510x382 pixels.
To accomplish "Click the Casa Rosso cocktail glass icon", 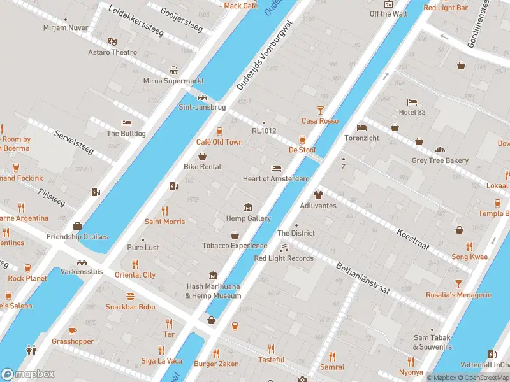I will [x=320, y=110].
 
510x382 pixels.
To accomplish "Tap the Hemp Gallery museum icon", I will [x=248, y=208].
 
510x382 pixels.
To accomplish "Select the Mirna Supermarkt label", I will [x=173, y=81].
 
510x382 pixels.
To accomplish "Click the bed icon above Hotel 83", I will [x=412, y=102].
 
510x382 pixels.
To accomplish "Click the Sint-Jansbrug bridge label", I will [x=201, y=108].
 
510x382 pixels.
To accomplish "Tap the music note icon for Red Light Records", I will [x=284, y=248].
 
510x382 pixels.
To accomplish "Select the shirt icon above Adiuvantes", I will [x=318, y=195].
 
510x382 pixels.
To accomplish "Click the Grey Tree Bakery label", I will [x=440, y=161].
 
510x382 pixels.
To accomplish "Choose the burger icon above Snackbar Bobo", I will [x=130, y=296].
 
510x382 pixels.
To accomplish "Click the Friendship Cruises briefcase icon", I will [x=77, y=226].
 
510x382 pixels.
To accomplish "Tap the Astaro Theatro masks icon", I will [x=112, y=41].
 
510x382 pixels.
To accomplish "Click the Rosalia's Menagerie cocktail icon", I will [x=458, y=284].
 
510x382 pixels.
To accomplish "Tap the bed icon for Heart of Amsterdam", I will [x=275, y=168].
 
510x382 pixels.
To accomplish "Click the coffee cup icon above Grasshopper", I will [x=72, y=330].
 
